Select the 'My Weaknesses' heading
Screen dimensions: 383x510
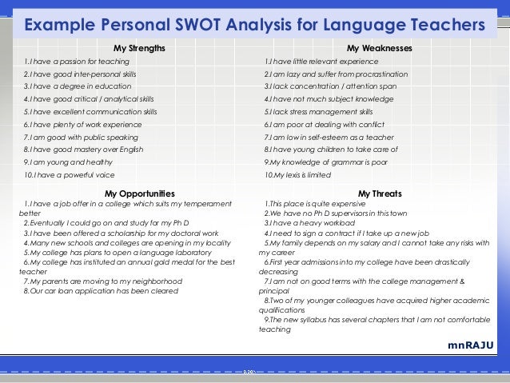[379, 50]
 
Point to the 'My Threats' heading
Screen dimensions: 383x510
[379, 193]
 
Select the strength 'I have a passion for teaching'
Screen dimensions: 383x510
[77, 62]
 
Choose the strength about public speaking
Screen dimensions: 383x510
[82, 138]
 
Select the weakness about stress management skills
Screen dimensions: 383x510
[319, 112]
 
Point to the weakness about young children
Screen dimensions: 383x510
[327, 150]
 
